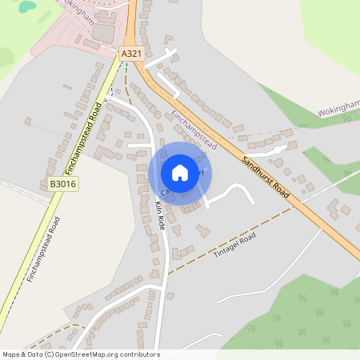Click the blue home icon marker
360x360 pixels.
click(x=180, y=172)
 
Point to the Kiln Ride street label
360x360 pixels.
click(x=159, y=217)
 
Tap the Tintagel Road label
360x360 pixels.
click(x=234, y=246)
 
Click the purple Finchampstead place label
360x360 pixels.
click(x=194, y=130)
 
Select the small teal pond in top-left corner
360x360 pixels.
click(x=28, y=6)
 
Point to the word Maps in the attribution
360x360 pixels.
click(x=11, y=354)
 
